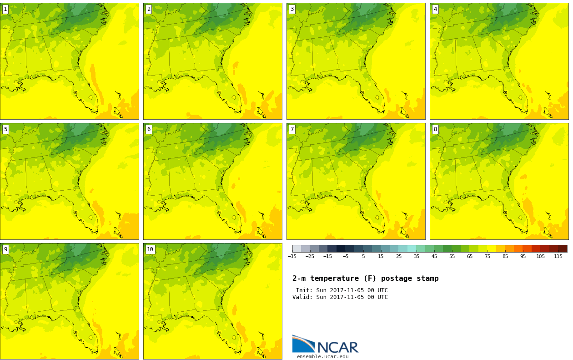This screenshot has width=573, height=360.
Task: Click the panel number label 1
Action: coord(5,9)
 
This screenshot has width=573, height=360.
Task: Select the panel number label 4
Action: coord(435,9)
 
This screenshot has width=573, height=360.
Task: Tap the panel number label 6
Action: coord(149,129)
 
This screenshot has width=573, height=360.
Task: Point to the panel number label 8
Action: coord(435,129)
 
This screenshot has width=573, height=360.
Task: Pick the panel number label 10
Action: coord(150,249)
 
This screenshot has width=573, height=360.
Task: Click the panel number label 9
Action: coord(5,249)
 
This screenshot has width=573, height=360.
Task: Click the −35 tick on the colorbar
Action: coord(292,256)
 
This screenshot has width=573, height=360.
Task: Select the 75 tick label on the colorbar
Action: coord(488,256)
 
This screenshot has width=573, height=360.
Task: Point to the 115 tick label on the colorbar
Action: coord(558,256)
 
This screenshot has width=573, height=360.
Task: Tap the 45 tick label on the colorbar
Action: coord(434,256)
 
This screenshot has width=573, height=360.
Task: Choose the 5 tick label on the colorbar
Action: coord(363,256)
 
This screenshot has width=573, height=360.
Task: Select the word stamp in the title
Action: coord(427,279)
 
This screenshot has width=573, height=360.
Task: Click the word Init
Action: coord(304,290)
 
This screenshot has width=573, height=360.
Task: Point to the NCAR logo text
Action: coord(337,348)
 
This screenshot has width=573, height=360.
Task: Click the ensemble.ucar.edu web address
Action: coord(322,357)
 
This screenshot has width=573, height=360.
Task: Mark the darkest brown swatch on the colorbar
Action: coord(563,248)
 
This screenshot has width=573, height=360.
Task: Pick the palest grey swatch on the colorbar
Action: coord(297,248)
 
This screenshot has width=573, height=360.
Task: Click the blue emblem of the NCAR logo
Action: coord(303,344)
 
